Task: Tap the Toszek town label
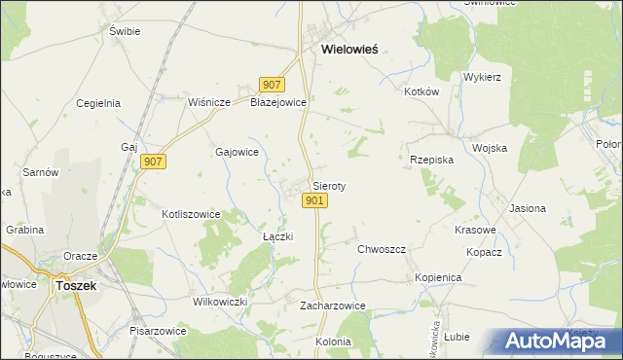click(x=75, y=286)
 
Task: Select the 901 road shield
click(x=313, y=200)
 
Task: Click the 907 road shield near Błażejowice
click(x=272, y=86)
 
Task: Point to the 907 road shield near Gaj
click(x=153, y=162)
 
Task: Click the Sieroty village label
click(x=329, y=185)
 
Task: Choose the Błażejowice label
click(x=279, y=102)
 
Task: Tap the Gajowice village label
click(x=236, y=152)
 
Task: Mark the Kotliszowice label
click(x=191, y=214)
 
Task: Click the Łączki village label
click(x=278, y=236)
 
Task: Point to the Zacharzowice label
click(x=332, y=306)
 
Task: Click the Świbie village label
click(x=125, y=31)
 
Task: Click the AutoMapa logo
click(x=554, y=342)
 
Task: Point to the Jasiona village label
click(x=528, y=208)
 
